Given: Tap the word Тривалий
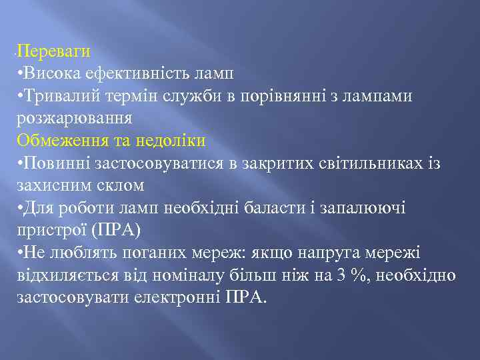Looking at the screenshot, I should click(56, 95).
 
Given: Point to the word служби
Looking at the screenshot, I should click(197, 95).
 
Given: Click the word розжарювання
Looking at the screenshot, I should click(74, 119).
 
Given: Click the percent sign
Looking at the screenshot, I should click(360, 277).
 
